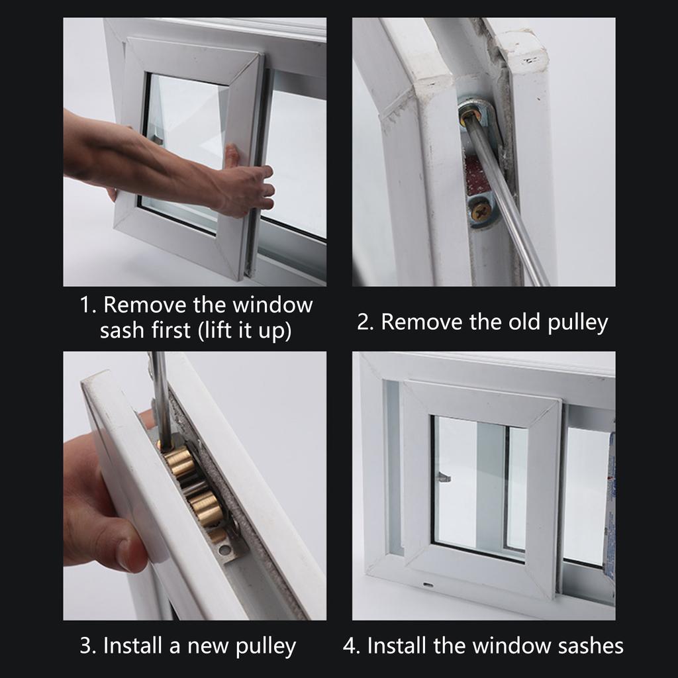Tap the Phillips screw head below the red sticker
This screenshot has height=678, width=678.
point(481,211)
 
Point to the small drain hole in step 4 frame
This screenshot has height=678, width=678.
point(428,585)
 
